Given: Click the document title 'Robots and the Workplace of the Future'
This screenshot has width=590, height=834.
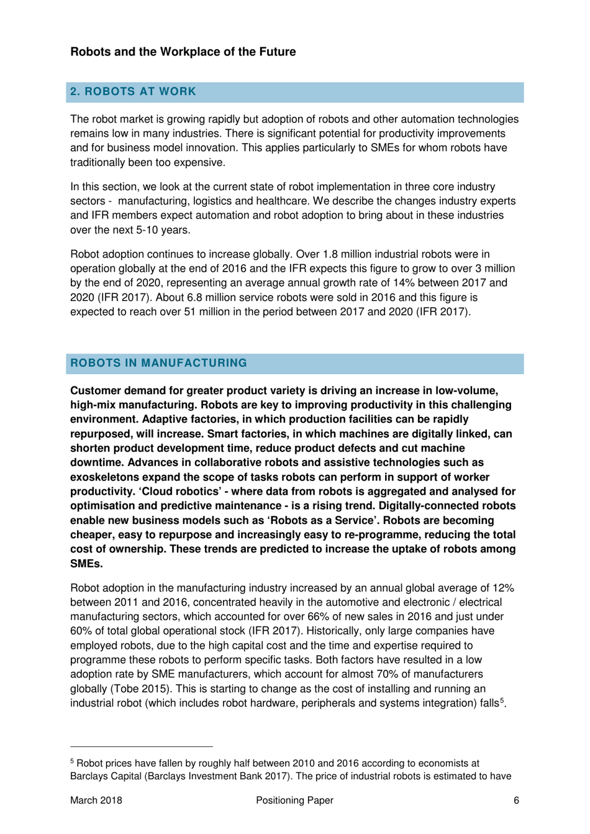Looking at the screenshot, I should [183, 52].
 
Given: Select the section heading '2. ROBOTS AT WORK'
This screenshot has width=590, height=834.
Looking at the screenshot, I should [133, 91].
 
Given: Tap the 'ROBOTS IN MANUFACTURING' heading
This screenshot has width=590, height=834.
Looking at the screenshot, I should [158, 363].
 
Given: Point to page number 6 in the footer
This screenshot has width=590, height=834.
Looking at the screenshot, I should [516, 800].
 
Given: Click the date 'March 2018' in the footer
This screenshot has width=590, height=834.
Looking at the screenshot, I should [96, 800].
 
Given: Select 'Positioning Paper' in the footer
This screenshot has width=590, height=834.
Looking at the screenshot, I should [294, 800].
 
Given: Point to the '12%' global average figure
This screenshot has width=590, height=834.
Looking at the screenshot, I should [503, 588].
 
